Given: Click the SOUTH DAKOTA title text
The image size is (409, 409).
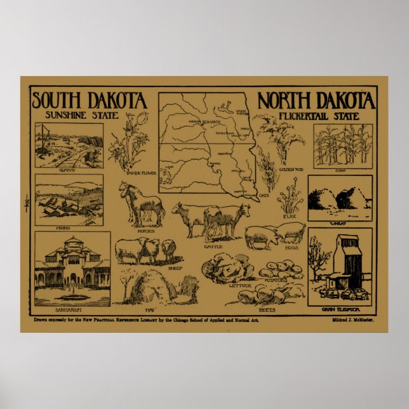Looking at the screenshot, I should [90, 101].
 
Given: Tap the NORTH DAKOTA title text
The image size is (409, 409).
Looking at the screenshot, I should [316, 101].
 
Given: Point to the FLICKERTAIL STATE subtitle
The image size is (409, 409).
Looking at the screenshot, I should [318, 116].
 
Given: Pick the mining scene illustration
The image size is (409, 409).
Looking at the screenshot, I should [69, 199].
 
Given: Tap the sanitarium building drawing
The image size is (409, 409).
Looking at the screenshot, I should [72, 267].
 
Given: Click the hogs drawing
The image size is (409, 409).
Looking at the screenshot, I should [275, 234].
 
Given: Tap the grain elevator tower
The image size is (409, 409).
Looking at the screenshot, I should [347, 260].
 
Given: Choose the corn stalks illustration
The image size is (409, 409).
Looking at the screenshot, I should [343, 145].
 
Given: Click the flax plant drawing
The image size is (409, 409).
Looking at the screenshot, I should [289, 198].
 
